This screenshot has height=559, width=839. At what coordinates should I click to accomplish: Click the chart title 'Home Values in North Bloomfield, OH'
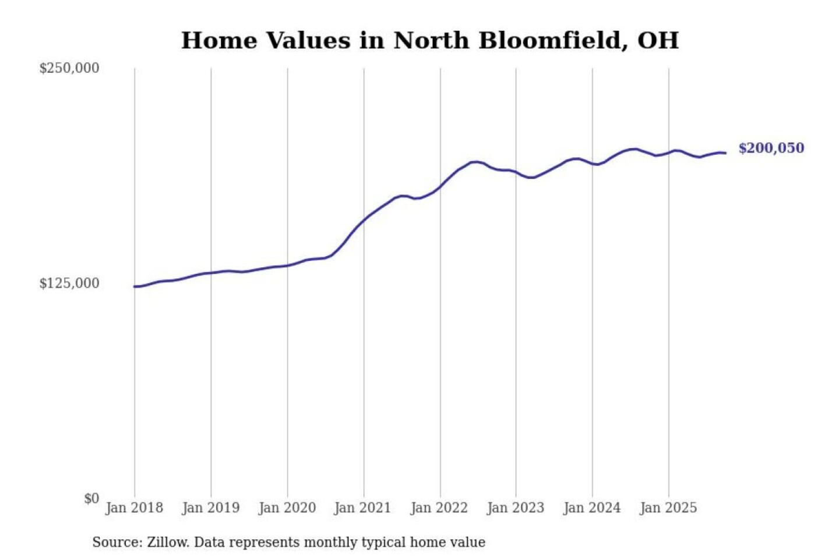(429, 41)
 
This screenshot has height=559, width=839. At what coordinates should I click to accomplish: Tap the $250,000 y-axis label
(69, 68)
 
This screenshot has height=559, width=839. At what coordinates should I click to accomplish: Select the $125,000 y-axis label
(69, 284)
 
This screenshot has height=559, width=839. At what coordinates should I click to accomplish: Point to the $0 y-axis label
(91, 498)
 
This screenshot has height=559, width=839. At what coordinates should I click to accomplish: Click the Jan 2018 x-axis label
(134, 508)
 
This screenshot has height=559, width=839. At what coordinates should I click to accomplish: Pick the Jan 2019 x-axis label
(210, 508)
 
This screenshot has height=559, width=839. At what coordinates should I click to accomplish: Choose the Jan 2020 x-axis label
(287, 508)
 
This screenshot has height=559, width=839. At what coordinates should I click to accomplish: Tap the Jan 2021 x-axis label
(362, 508)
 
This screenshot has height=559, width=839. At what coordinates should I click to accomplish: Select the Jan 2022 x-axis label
(439, 508)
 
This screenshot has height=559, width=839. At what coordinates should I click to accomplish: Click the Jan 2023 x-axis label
(515, 508)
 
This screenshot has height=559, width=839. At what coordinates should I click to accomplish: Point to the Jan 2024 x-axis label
(591, 508)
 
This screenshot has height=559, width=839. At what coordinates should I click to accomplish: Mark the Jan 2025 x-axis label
(668, 508)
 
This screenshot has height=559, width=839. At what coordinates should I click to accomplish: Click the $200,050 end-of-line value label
(771, 148)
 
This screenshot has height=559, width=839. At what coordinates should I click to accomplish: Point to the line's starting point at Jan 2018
(135, 286)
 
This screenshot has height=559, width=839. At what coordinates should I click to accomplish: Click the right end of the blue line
(725, 153)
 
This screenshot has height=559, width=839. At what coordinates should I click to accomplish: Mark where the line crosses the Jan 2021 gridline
(364, 220)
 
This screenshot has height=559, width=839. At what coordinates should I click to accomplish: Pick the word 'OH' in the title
(658, 41)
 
